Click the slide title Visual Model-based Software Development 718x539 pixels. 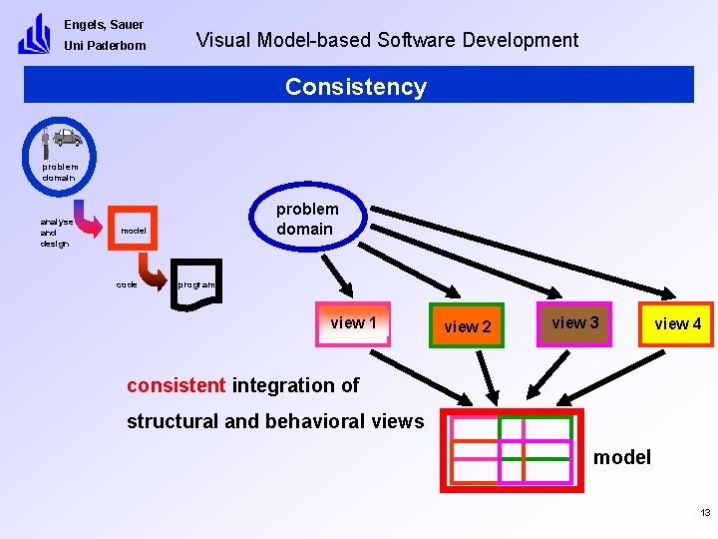(x=387, y=40)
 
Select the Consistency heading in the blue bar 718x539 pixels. (x=356, y=87)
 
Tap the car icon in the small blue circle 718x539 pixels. (x=67, y=137)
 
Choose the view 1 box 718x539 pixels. (x=352, y=323)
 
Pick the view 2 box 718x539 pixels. (x=467, y=326)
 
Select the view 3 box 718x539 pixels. (x=574, y=322)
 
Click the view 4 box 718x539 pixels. (x=677, y=324)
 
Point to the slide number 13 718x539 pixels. (x=705, y=513)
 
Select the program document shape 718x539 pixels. (x=196, y=284)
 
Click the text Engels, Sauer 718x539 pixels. (x=104, y=25)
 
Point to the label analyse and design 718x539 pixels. (x=55, y=233)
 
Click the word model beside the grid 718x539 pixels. (x=621, y=458)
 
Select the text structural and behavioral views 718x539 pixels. (x=274, y=421)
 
